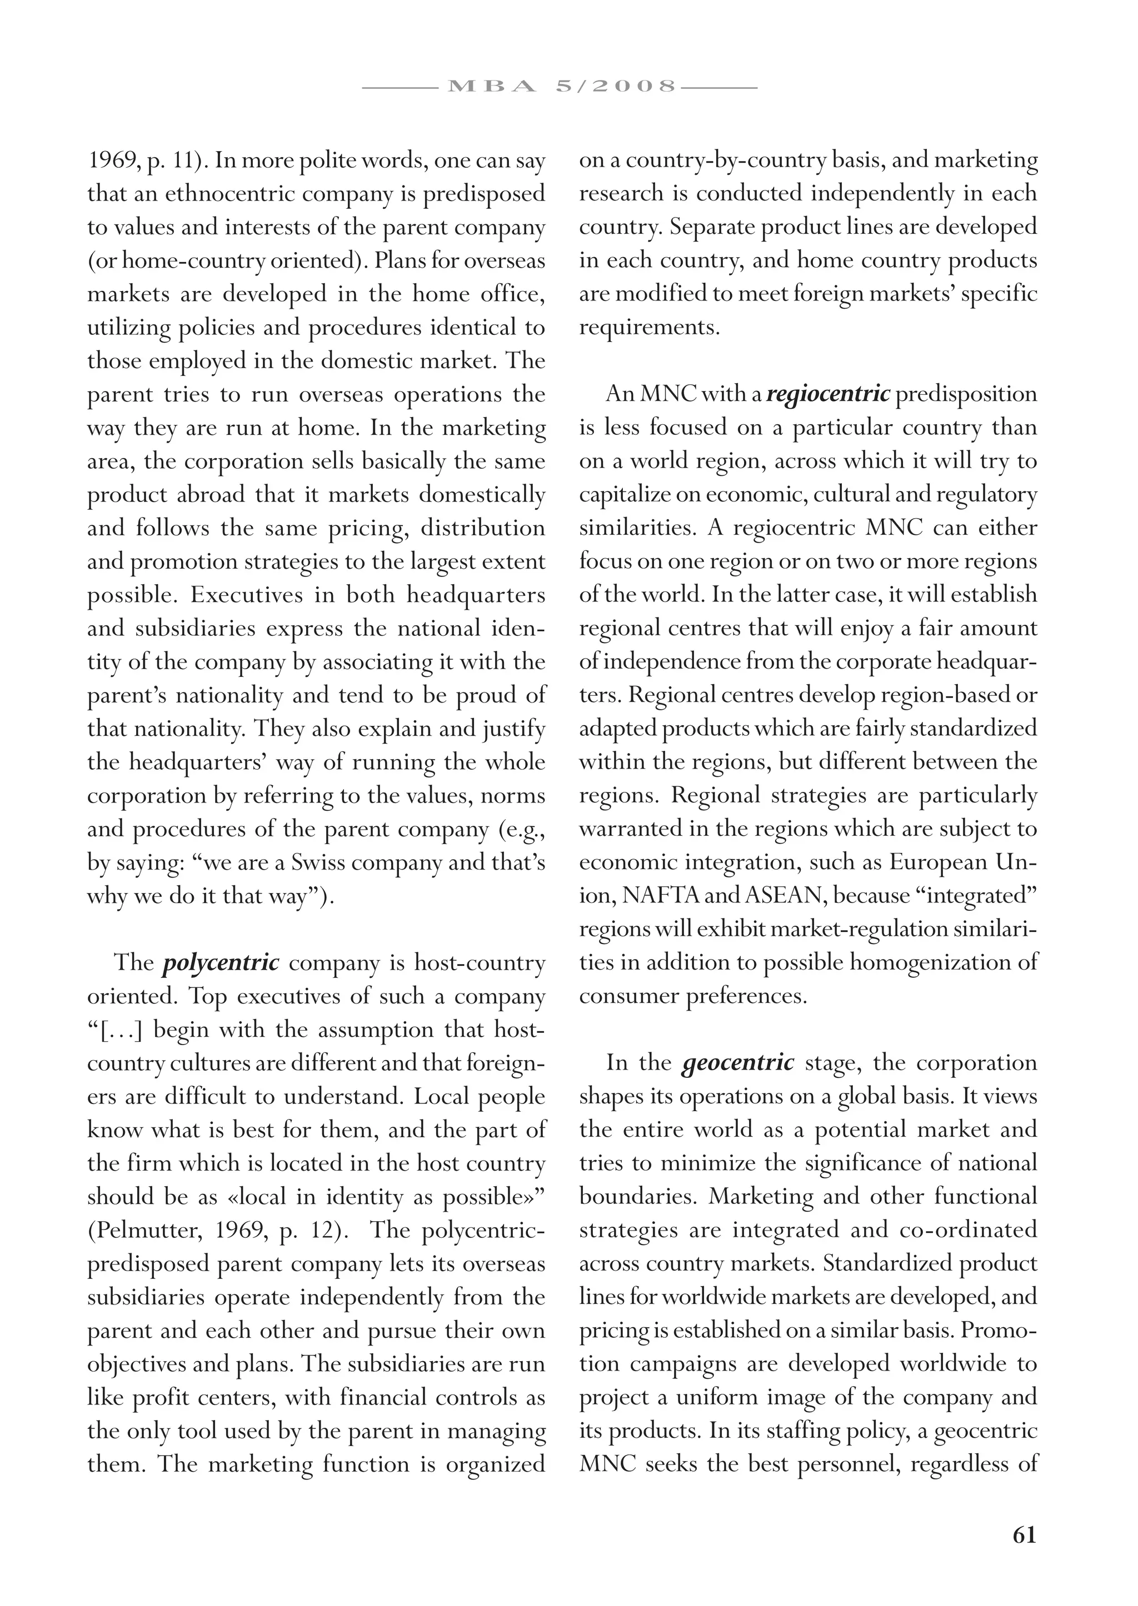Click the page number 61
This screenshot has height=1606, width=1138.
click(x=1024, y=1535)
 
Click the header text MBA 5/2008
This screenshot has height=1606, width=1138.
click(x=561, y=87)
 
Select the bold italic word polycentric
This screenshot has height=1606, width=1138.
click(x=221, y=963)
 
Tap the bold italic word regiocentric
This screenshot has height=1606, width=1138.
click(x=828, y=394)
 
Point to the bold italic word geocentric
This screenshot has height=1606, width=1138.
click(x=738, y=1063)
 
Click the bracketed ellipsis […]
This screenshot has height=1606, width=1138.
click(x=116, y=1030)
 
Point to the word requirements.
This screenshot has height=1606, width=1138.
click(x=649, y=327)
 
